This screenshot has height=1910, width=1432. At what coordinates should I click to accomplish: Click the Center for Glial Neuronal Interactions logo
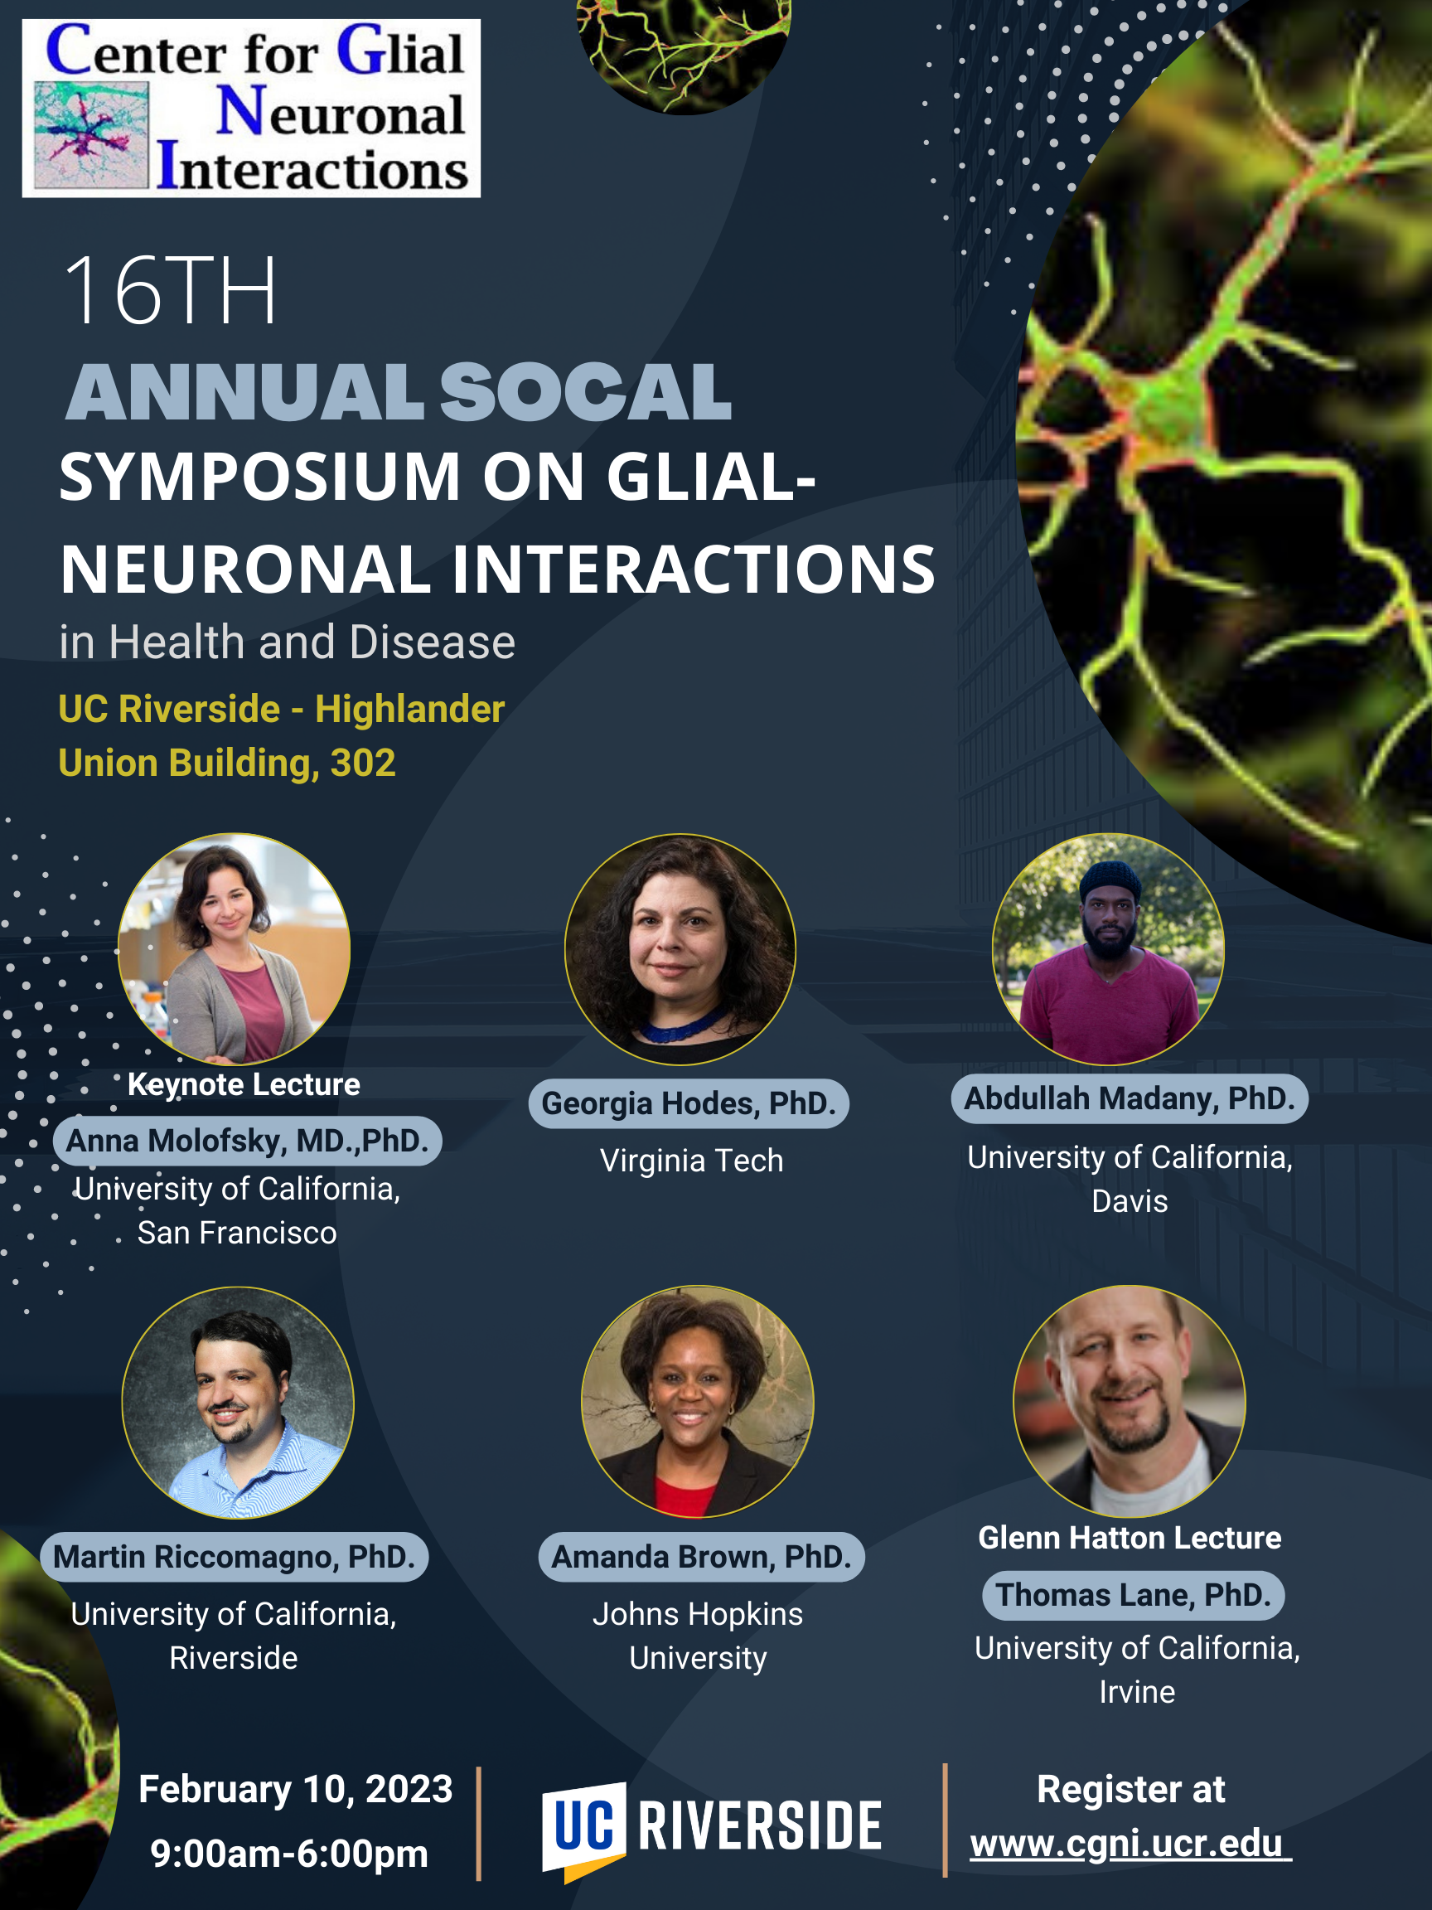[251, 109]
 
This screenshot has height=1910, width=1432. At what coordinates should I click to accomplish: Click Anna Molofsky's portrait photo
[234, 949]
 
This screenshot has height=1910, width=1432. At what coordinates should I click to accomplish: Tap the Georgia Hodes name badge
[689, 1103]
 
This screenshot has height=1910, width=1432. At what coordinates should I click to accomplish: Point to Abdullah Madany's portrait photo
[1108, 949]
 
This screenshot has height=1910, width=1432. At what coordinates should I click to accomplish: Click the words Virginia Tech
[691, 1161]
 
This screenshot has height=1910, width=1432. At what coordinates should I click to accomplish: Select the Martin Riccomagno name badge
[234, 1557]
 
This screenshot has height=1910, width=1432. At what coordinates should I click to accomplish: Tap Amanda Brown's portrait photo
[698, 1402]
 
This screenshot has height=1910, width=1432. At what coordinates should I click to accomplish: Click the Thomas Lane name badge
[1134, 1595]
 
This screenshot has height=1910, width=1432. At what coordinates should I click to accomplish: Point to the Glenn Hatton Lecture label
[1130, 1538]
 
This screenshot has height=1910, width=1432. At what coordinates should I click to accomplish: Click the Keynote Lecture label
[244, 1084]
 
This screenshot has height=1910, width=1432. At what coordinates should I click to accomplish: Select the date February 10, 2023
[295, 1789]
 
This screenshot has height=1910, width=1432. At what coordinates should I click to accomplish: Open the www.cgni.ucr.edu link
[1130, 1844]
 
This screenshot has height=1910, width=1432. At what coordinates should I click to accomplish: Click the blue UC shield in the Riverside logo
[583, 1829]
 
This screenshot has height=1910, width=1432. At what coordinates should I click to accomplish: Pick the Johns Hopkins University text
[698, 1636]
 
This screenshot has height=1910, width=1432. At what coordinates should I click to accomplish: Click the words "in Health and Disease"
[288, 642]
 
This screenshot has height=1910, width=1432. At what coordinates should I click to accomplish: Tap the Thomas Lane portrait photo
[1129, 1402]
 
